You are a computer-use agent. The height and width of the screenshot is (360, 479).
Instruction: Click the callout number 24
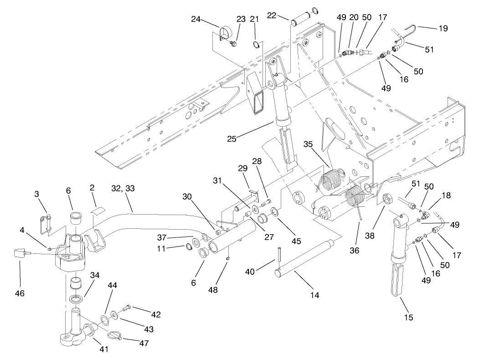tap(196, 19)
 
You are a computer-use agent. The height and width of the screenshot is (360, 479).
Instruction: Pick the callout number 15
tap(409, 317)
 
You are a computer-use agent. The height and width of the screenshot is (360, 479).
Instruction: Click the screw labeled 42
tap(127, 308)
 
